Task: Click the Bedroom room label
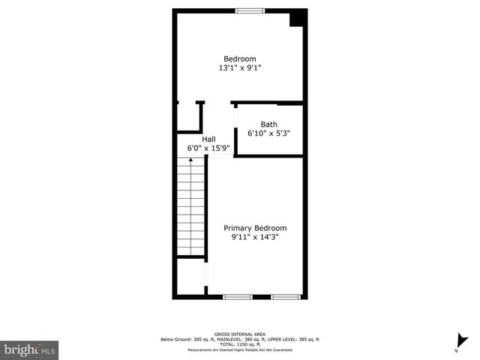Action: (240, 59)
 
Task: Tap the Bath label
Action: (268, 124)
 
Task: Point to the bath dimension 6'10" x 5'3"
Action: (268, 133)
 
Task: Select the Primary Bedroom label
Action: (255, 228)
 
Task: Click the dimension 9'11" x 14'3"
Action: (255, 238)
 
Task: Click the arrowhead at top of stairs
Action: (191, 161)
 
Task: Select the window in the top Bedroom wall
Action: (249, 10)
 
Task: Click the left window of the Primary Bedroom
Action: (237, 297)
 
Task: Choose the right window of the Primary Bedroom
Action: (285, 297)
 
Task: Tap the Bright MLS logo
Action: (30, 349)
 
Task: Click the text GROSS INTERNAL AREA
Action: (240, 334)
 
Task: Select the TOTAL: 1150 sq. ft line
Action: (240, 345)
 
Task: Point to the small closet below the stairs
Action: (191, 277)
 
